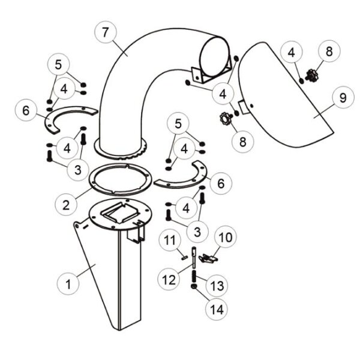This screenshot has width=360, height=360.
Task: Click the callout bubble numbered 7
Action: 106,32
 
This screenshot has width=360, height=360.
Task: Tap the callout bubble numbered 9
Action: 343,98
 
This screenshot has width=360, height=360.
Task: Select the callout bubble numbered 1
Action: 68,284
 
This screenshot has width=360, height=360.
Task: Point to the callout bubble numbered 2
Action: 66,205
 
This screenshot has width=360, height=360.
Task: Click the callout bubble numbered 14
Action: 217,310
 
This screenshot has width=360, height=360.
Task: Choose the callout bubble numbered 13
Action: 217,286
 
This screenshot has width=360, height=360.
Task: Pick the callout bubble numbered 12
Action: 169,279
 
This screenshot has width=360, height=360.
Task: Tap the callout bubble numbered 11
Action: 170,240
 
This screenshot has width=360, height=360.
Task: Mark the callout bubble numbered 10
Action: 226,237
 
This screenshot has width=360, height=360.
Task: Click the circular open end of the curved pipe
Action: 214,56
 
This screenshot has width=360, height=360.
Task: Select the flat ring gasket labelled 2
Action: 121,179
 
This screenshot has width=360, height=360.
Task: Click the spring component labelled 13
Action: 194,277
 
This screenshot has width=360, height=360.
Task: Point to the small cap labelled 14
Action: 194,286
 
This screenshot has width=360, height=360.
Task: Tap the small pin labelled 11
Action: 184,258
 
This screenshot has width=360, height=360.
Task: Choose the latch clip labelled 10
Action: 208,259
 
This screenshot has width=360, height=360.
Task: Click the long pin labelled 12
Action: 194,257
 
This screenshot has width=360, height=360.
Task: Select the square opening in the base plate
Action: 120,213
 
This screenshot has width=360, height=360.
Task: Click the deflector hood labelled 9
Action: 284,97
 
